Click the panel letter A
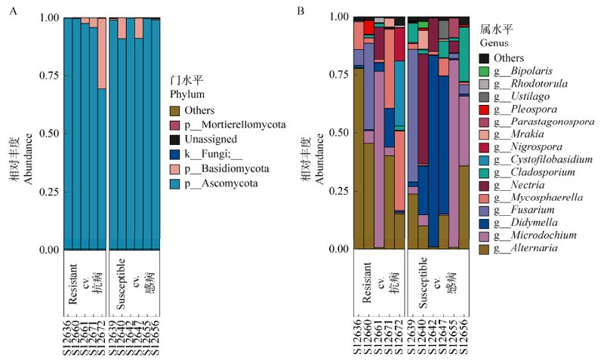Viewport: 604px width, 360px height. (x=11, y=11)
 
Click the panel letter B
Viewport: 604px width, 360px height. (x=300, y=11)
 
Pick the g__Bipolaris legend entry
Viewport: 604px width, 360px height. (x=523, y=71)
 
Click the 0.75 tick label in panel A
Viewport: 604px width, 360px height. (x=47, y=76)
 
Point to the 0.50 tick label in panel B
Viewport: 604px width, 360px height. (x=337, y=133)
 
